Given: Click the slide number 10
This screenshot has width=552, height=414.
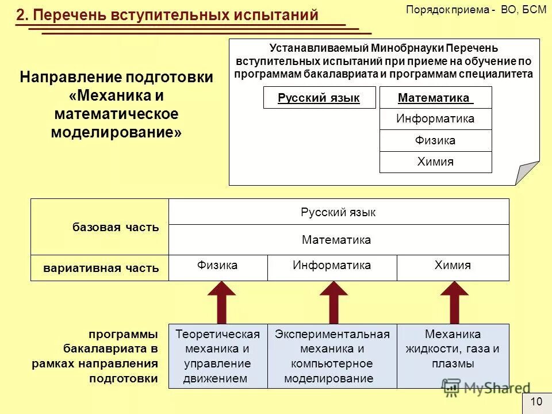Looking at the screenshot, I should coord(536,401).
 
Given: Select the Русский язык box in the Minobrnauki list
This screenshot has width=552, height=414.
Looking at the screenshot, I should coord(319,98).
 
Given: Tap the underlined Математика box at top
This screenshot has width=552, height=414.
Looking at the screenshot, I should coord(435,98).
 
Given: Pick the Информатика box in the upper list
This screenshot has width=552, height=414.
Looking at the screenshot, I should coord(435,119).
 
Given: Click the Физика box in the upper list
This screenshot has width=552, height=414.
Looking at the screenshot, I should coord(435,140).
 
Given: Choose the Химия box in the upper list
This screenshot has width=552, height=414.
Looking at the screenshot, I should coord(435,162).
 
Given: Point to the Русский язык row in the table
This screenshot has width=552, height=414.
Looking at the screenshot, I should coord(338,212).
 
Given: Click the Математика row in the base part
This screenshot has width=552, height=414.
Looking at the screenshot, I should coord(338,240).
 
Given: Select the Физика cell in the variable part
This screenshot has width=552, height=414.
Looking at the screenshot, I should coord(217,266).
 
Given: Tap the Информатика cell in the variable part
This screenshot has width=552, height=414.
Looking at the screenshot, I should coord(332,266).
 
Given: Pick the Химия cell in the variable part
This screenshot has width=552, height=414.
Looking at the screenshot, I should coord(453,266).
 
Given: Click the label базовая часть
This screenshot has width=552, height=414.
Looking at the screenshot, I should coord(115,227).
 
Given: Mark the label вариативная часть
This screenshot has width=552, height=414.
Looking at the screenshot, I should coord(101,268).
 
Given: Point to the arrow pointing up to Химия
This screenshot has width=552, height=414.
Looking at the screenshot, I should coord(454,301).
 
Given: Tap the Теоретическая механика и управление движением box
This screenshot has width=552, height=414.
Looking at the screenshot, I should coord(217,356).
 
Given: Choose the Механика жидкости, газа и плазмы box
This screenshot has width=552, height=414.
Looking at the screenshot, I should coord(453,356).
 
